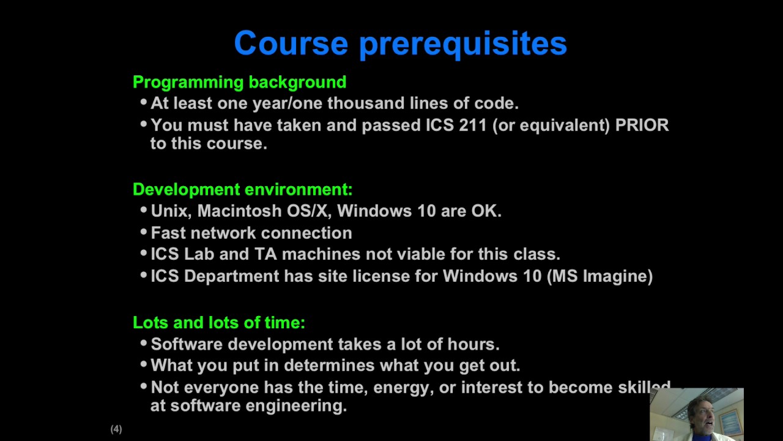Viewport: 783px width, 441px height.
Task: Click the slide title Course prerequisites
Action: point(400,44)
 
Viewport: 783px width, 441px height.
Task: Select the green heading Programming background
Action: point(239,82)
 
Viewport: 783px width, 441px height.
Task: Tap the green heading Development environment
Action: point(242,189)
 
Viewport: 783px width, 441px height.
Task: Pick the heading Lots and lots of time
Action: point(218,322)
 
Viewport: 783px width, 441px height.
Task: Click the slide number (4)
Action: point(116,429)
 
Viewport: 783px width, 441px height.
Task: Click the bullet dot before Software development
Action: point(144,344)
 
